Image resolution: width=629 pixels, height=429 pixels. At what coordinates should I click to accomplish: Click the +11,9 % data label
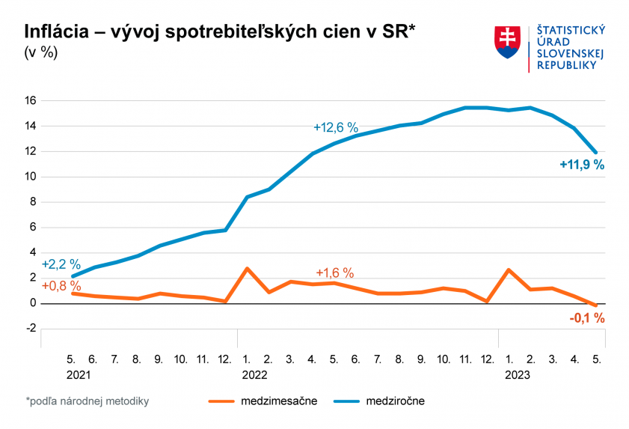pos(581,165)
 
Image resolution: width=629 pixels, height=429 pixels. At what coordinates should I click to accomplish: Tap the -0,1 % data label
pos(586,318)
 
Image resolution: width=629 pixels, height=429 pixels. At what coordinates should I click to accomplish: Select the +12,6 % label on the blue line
pos(336,127)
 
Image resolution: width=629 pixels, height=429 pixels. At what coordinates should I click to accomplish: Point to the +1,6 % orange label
pos(334,273)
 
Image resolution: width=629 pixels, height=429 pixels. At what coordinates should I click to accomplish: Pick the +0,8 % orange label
pos(61,285)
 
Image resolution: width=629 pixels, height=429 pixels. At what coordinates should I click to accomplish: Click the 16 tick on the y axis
pos(31,100)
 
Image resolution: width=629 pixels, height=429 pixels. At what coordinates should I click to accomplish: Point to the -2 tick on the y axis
pos(31,329)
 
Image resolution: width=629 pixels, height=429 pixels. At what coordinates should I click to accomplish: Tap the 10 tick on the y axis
pos(31,177)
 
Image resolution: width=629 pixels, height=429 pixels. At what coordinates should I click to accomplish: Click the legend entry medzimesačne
pos(279,401)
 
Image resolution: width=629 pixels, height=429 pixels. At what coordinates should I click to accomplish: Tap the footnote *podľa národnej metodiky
pos(88,401)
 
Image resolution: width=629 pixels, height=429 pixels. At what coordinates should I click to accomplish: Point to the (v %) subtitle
pos(40,53)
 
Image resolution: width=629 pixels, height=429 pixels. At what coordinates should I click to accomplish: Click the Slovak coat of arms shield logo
pos(507,42)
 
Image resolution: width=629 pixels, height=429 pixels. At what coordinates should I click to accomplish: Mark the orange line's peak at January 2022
pos(247,268)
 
